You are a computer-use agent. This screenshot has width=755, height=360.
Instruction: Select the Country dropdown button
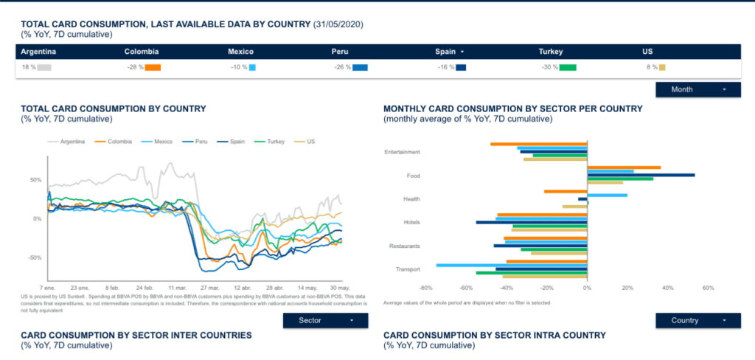click(x=697, y=321)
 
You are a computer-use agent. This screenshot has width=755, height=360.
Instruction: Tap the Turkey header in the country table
click(x=551, y=52)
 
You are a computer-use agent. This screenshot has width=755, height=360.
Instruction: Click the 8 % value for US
click(x=652, y=68)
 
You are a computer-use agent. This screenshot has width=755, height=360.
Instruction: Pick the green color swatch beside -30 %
click(x=568, y=68)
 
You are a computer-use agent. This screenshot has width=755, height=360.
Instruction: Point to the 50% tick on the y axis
click(x=35, y=180)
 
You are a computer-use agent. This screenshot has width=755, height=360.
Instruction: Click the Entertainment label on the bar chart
click(x=403, y=153)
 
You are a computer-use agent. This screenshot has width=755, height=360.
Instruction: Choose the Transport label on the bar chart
click(x=408, y=269)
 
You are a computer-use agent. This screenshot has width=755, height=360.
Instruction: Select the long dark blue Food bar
click(x=641, y=175)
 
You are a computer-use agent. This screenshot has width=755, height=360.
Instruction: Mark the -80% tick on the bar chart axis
click(x=425, y=288)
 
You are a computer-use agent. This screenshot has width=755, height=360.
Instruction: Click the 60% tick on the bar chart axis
click(x=708, y=288)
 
